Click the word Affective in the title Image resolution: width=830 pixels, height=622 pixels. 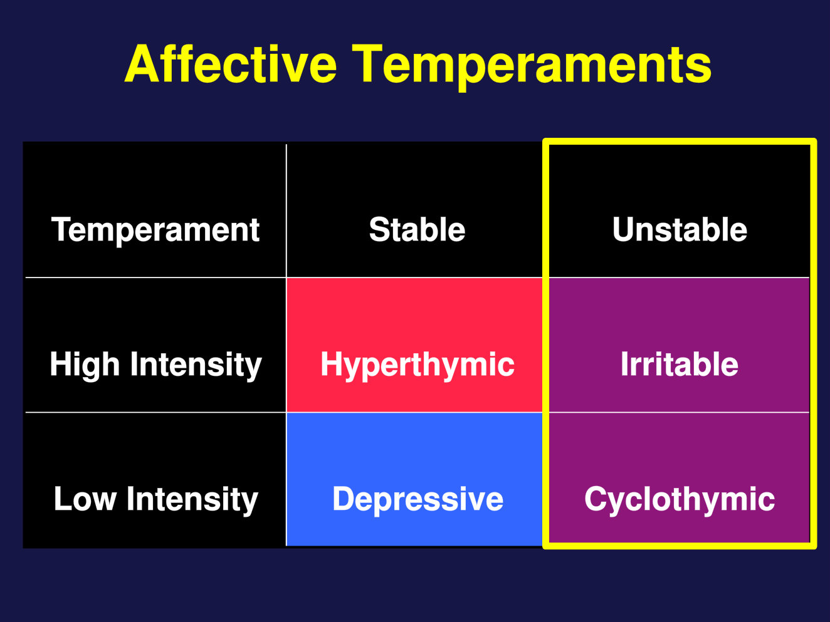pyautogui.click(x=230, y=63)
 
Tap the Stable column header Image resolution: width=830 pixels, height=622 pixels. pyautogui.click(x=415, y=210)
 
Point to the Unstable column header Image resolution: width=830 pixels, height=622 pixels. pyautogui.click(x=680, y=210)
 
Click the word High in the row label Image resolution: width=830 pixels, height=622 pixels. pyautogui.click(x=85, y=365)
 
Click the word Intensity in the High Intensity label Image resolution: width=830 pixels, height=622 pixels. pyautogui.click(x=196, y=365)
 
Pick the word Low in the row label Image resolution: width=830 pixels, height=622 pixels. pyautogui.click(x=85, y=499)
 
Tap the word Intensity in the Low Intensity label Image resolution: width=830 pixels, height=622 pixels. pyautogui.click(x=192, y=500)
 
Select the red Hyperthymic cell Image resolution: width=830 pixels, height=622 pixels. pyautogui.click(x=415, y=345)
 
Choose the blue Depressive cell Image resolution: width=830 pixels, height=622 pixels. pyautogui.click(x=415, y=479)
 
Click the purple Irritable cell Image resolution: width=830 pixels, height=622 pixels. pyautogui.click(x=680, y=345)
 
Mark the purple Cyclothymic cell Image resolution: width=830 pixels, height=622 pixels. pyautogui.click(x=680, y=478)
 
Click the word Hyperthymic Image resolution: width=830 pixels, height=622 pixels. pyautogui.click(x=418, y=365)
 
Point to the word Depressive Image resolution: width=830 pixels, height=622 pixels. pyautogui.click(x=418, y=500)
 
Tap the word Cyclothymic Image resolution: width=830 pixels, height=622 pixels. pyautogui.click(x=680, y=500)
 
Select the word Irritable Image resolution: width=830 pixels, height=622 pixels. pyautogui.click(x=680, y=364)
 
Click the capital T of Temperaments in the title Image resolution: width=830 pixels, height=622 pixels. pyautogui.click(x=367, y=63)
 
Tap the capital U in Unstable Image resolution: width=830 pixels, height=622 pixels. pyautogui.click(x=624, y=230)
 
